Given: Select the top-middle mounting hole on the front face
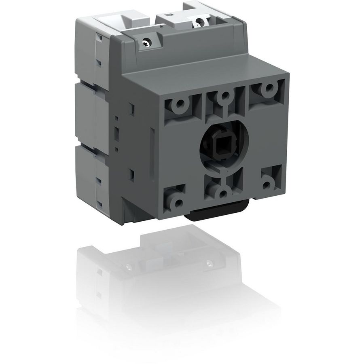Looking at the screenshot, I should (x=222, y=97).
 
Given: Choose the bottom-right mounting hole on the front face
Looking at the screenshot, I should (x=266, y=184).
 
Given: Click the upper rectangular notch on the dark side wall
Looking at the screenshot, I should (x=133, y=108).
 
